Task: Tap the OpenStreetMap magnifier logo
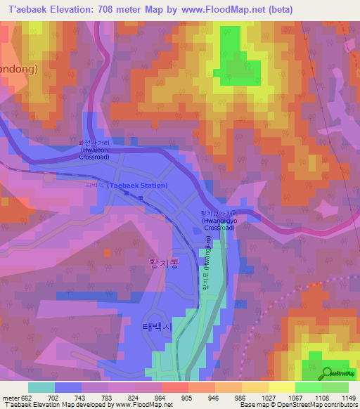coord(326,372)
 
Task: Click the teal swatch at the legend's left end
coord(41,387)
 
